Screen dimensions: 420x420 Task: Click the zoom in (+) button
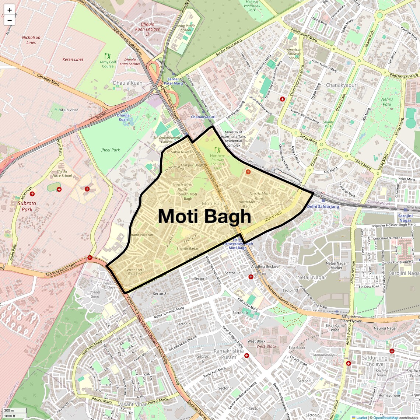[x=10, y=10]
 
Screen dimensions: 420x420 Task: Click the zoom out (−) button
[x=10, y=20]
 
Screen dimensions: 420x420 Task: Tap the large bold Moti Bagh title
[x=204, y=216]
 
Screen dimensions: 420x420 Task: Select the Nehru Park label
[x=387, y=102]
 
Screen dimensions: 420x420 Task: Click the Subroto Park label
[x=27, y=206]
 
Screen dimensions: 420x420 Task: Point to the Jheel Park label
[x=111, y=150]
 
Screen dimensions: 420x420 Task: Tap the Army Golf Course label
[x=108, y=64]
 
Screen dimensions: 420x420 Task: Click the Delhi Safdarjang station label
[x=323, y=207]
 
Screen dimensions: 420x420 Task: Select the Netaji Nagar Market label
[x=336, y=266]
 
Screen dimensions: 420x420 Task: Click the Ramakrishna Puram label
[x=228, y=354]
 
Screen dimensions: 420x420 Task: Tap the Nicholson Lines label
[x=31, y=40]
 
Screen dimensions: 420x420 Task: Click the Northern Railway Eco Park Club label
[x=218, y=162]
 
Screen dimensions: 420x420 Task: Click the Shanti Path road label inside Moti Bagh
[x=273, y=216]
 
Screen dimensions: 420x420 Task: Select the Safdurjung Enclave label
[x=375, y=361]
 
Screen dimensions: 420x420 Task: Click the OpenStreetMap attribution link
[x=385, y=417]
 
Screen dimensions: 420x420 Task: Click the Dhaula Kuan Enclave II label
[x=148, y=29]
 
